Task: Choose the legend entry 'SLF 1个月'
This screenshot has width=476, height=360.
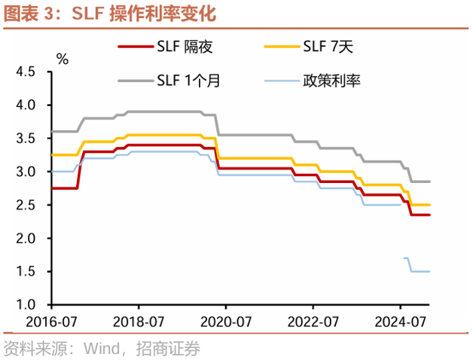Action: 185,80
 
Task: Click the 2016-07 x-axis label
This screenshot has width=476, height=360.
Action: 52,323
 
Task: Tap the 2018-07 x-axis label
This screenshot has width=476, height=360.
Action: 138,323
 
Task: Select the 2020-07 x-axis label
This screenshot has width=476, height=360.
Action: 226,323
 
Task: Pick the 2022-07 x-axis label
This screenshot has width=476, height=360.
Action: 313,323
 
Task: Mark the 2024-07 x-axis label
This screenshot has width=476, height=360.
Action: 400,323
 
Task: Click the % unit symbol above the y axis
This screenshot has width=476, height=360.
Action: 62,58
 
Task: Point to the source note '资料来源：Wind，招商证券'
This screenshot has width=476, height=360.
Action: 102,348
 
